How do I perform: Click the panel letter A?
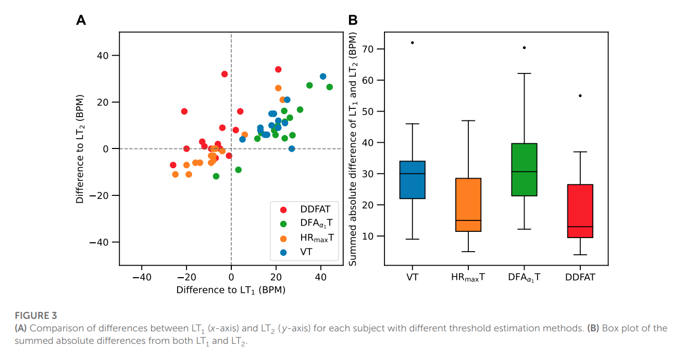pos(81,20)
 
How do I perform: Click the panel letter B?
pos(353,20)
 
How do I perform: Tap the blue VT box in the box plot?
pos(413,180)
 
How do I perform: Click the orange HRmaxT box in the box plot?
pos(468,205)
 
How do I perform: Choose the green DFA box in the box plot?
pos(524,169)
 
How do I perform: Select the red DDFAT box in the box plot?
pos(580,211)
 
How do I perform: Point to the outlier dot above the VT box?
pos(413,43)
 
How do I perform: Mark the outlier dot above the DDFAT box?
pos(580,96)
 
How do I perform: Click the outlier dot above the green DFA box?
pos(524,47)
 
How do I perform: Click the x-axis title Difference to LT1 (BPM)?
pos(231,290)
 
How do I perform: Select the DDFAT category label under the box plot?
pos(580,277)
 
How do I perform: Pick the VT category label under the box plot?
pos(413,277)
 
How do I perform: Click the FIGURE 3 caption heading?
pos(35,316)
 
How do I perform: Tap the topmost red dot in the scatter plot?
pos(278,69)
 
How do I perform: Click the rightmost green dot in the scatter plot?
pos(329,87)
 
